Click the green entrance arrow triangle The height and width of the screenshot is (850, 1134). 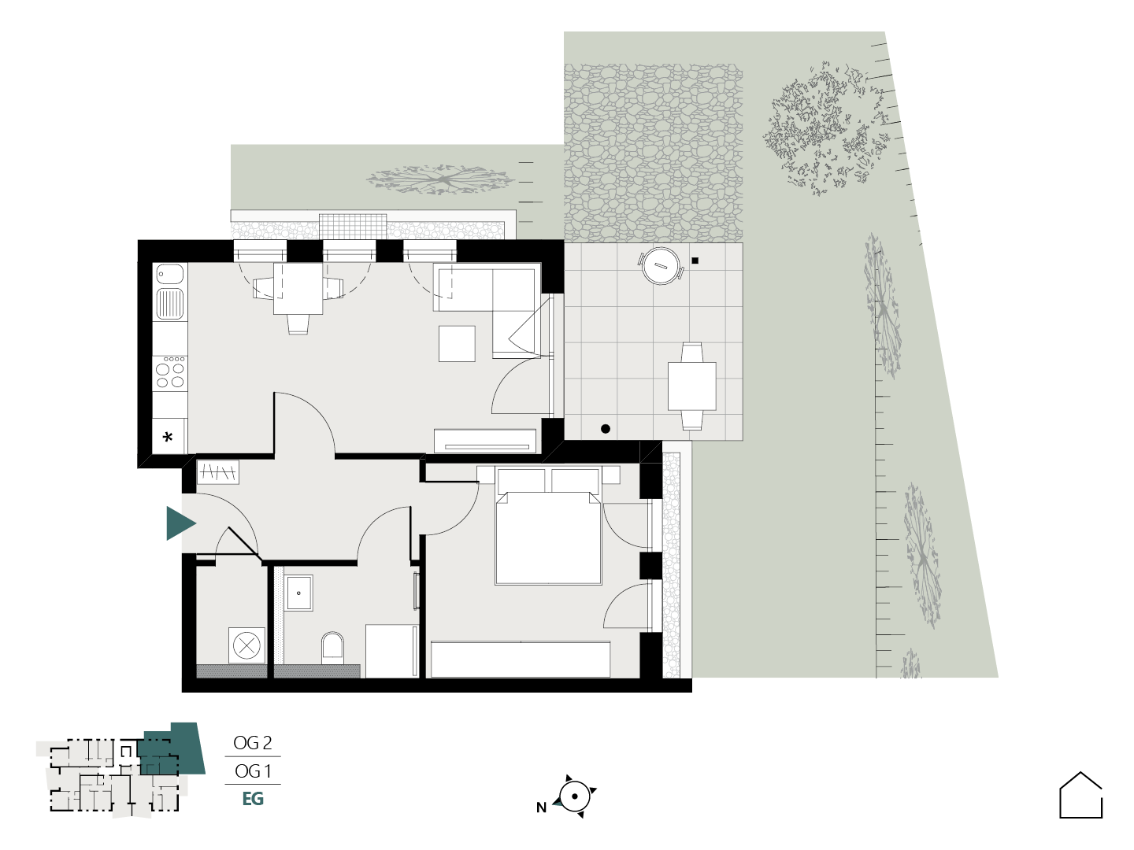tap(179, 523)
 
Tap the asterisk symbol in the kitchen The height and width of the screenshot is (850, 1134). tap(168, 438)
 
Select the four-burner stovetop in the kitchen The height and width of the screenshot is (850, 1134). tap(170, 372)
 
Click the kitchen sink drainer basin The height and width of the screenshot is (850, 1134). tap(170, 304)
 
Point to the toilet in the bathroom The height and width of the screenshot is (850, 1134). tap(332, 649)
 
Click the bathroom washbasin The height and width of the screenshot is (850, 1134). tap(298, 593)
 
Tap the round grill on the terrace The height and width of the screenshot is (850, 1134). tap(661, 266)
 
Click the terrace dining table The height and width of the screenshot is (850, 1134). tap(691, 386)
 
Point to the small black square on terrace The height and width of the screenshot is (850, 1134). tap(695, 261)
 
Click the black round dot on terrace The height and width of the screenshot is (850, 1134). tap(606, 428)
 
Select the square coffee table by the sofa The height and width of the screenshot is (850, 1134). tap(457, 343)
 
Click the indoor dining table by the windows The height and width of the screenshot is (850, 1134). tap(298, 289)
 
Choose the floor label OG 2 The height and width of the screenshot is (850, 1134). tap(252, 743)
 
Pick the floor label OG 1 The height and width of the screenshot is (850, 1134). tap(253, 771)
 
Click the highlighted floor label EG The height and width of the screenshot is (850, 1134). tap(253, 799)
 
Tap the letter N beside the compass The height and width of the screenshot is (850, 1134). tap(541, 807)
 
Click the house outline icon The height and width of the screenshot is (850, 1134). tap(1080, 795)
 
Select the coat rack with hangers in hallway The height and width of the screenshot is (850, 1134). tap(218, 471)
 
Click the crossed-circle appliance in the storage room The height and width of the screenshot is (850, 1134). tap(246, 645)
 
